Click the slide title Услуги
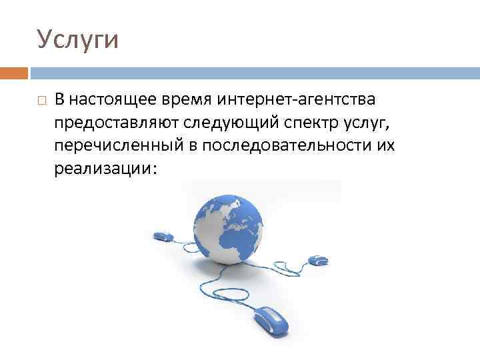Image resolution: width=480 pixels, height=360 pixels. pyautogui.click(x=77, y=39)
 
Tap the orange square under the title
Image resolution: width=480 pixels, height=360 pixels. pyautogui.click(x=14, y=73)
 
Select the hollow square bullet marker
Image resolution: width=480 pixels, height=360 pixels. pyautogui.click(x=41, y=101)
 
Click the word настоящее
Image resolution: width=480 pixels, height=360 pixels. pyautogui.click(x=113, y=100)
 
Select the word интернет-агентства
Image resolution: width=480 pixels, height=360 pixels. pyautogui.click(x=296, y=100)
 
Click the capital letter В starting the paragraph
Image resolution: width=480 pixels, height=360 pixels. pyautogui.click(x=60, y=100)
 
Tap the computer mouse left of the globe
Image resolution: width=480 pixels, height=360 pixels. pyautogui.click(x=163, y=236)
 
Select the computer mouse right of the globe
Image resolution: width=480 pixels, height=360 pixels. pyautogui.click(x=317, y=258)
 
